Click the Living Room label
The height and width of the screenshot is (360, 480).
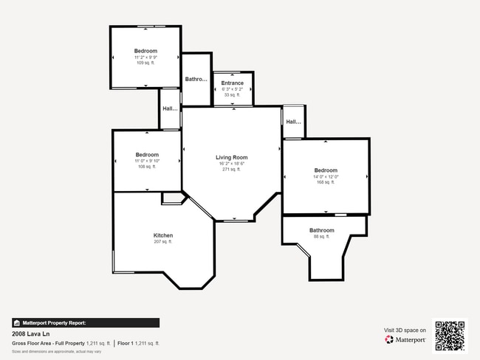[x=231, y=157]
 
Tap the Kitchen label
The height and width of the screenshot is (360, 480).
[x=163, y=235]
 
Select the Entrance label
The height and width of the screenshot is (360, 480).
[x=232, y=83]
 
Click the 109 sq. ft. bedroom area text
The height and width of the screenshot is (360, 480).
[x=145, y=63]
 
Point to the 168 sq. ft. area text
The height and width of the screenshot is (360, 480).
[x=326, y=182]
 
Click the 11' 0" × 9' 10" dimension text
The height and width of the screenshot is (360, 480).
[x=147, y=161]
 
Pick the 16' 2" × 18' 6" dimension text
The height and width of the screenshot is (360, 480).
[x=231, y=164]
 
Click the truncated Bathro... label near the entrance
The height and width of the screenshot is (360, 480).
[x=196, y=79]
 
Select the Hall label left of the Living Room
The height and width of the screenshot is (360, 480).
[x=170, y=110]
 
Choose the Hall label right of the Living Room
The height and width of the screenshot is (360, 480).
[x=293, y=122]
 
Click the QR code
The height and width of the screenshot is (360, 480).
[x=450, y=335]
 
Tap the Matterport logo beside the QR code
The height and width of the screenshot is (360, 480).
[x=405, y=340]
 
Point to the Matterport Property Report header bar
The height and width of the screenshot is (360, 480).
[x=85, y=322]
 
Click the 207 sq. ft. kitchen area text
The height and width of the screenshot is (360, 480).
[x=162, y=242]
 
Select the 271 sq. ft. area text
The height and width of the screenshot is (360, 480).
[x=231, y=170]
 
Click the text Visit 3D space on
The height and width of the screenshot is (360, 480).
[x=405, y=330]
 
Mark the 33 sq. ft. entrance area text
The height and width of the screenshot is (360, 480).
[x=232, y=95]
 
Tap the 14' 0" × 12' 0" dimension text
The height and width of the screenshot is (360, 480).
[x=326, y=176]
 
